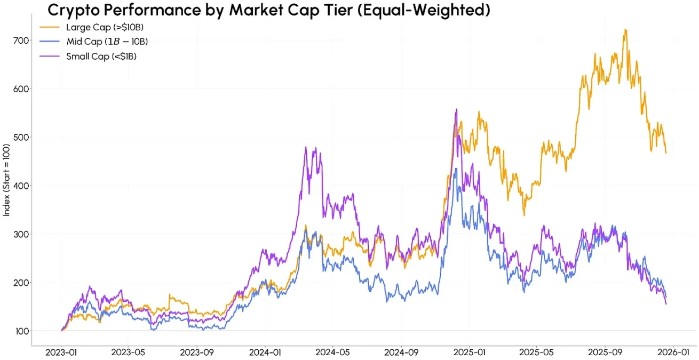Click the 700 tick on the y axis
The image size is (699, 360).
point(20,40)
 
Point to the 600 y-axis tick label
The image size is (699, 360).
point(20,89)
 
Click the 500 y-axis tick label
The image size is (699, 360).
point(20,137)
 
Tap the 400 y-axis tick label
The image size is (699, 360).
point(20,186)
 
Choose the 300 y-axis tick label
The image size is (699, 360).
point(20,234)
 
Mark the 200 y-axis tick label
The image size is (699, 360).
point(20,283)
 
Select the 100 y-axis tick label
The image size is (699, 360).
point(20,331)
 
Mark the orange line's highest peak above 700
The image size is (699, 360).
point(625,30)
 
